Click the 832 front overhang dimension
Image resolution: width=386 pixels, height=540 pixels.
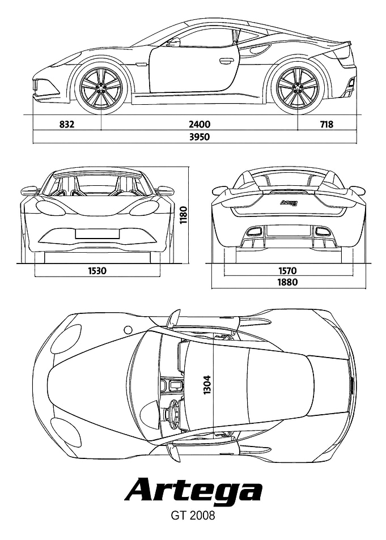[67, 124]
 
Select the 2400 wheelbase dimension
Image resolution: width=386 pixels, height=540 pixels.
[199, 124]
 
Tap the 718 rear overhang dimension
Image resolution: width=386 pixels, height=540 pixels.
[326, 124]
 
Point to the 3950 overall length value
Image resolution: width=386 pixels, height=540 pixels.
[199, 137]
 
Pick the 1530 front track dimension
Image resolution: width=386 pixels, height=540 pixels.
[97, 271]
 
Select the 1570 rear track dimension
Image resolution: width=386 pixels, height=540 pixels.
[287, 271]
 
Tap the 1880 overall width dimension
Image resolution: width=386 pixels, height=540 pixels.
[287, 282]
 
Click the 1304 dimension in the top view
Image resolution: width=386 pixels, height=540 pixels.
[207, 385]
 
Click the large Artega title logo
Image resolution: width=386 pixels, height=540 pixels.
[193, 490]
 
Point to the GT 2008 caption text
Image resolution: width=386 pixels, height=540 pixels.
[193, 516]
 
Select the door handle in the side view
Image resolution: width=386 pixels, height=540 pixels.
[226, 62]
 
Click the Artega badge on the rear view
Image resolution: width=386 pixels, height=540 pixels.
[287, 203]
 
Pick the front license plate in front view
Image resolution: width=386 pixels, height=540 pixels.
[97, 233]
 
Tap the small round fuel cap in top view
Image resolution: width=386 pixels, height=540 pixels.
[128, 330]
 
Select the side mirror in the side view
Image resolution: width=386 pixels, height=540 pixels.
[173, 42]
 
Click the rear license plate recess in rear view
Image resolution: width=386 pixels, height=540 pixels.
[287, 230]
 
